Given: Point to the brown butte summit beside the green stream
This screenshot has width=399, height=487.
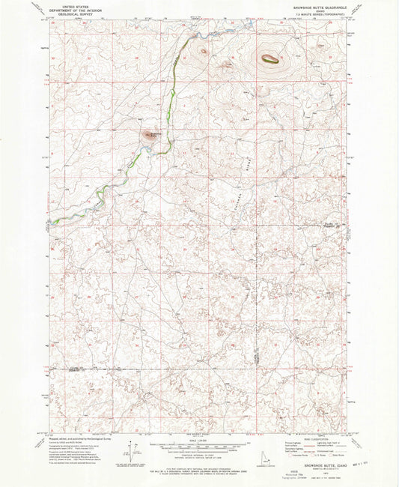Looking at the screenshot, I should pos(150,135).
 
